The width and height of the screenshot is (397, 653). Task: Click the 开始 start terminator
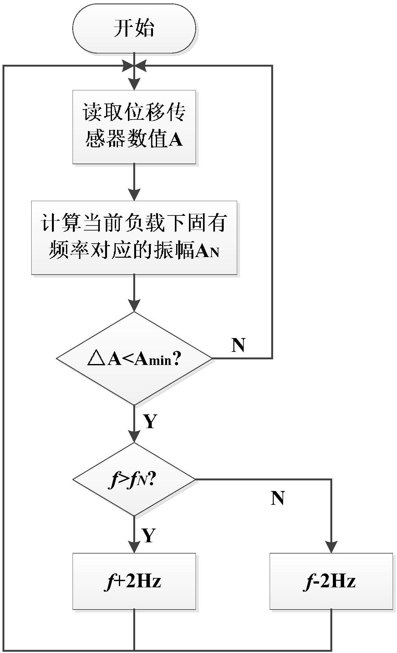point(134,28)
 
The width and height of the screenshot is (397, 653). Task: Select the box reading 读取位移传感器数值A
point(134,127)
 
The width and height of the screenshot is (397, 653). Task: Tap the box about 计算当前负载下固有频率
point(134,238)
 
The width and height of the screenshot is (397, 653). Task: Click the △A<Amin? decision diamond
point(134,358)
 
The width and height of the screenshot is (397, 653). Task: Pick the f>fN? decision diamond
point(134,479)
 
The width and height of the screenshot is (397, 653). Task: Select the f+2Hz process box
point(134,581)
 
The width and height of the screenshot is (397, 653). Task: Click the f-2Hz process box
point(331,581)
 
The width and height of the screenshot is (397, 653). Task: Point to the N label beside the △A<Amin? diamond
point(238,345)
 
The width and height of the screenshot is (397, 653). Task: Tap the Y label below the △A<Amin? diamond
point(150,421)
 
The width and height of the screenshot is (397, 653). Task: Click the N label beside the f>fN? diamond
point(278,498)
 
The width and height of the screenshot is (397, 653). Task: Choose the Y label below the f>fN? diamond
point(149,535)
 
